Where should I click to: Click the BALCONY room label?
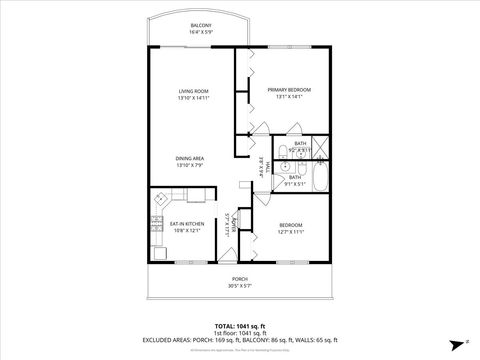tap(200, 25)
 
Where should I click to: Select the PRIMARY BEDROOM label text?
tap(289, 90)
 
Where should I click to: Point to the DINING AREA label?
tap(190, 157)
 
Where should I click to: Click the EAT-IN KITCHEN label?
tap(186, 223)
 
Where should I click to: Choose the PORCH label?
tap(239, 278)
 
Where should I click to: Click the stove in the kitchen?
tap(157, 224)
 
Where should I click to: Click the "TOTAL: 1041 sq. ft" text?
tap(239, 326)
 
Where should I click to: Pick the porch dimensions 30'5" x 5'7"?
tap(239, 286)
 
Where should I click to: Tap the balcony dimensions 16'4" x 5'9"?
tap(200, 33)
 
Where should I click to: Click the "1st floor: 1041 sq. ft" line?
tap(239, 333)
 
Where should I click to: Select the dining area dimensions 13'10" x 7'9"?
tap(190, 165)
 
